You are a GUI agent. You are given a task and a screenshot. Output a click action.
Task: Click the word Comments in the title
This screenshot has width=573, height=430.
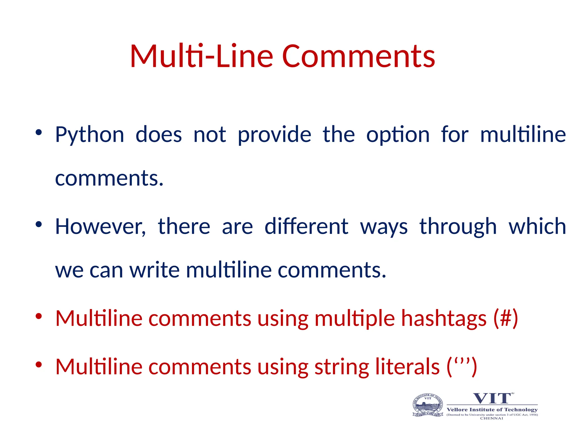coord(359,57)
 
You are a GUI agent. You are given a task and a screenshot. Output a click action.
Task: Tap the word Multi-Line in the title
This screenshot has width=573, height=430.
coord(201,57)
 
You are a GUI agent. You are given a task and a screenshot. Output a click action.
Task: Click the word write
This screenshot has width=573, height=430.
coord(154,270)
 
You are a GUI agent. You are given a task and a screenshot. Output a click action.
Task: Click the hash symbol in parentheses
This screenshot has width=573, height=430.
coord(506,319)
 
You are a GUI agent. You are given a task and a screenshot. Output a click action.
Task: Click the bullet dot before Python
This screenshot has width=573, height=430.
coord(39,132)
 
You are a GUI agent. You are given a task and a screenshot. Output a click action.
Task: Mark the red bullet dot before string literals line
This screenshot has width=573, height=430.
coord(39,364)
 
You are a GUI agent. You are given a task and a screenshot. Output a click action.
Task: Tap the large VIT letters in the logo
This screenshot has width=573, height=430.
coord(492,398)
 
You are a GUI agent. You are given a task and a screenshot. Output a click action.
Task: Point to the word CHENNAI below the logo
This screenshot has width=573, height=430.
coord(492,418)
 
